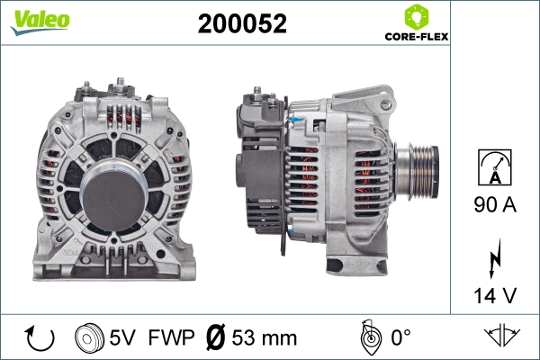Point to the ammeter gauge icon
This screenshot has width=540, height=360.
494,168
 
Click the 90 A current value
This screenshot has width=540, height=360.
494,205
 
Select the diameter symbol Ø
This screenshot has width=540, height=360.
216,338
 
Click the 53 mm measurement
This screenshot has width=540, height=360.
265,338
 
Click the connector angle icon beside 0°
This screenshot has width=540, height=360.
367,337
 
